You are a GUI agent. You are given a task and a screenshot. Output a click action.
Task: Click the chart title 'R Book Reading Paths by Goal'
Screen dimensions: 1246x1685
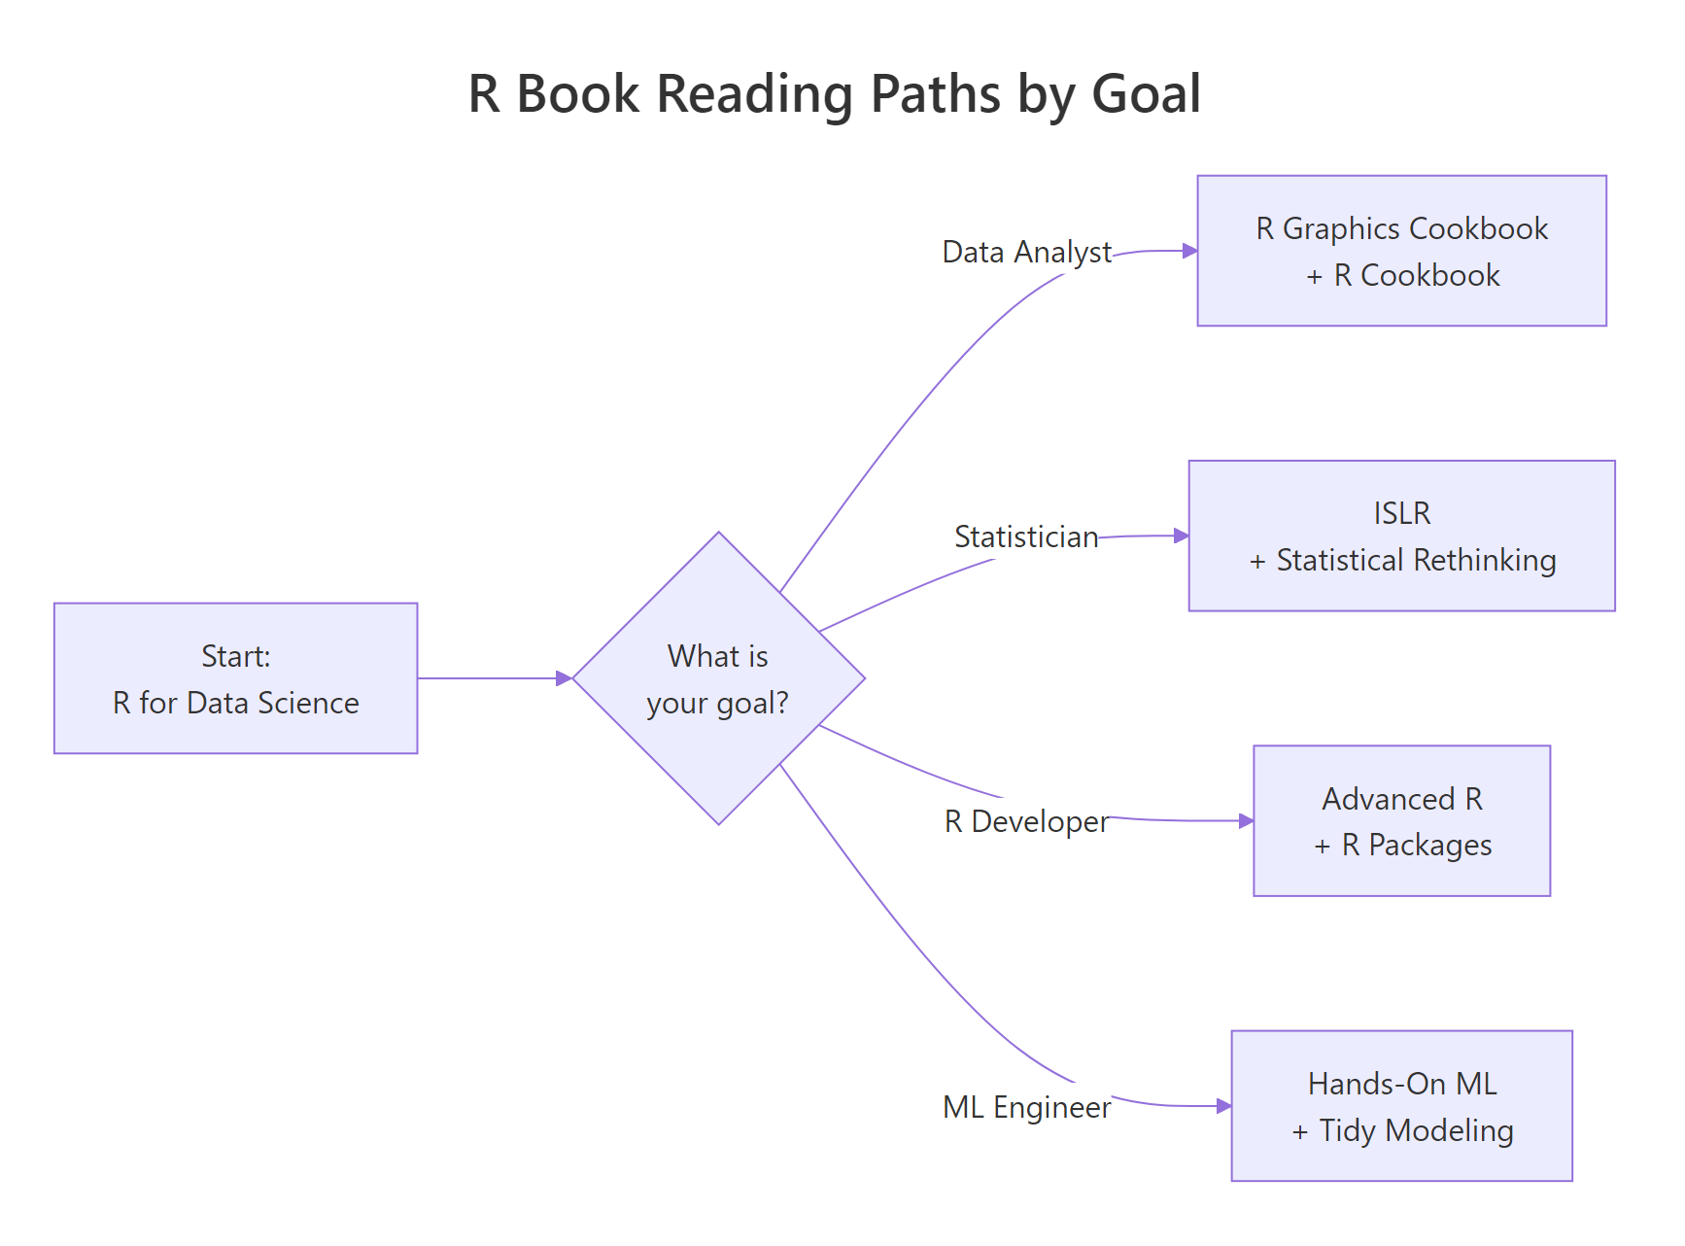tap(834, 94)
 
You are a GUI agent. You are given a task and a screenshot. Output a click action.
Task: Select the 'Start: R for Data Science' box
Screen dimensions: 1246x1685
tap(235, 678)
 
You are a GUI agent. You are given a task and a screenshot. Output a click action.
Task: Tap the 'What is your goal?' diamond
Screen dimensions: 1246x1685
tap(718, 678)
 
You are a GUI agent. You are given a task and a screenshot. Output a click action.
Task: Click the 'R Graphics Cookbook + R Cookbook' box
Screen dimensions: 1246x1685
tap(1401, 251)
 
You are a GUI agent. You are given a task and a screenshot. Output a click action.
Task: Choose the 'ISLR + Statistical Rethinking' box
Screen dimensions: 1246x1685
tap(1401, 536)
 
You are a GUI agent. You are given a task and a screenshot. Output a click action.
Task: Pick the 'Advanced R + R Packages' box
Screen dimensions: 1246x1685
tap(1401, 821)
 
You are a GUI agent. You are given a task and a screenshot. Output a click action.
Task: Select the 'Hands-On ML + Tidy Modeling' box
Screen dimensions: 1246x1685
tap(1401, 1106)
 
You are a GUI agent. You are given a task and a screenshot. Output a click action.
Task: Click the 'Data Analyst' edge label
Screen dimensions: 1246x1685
tap(1026, 252)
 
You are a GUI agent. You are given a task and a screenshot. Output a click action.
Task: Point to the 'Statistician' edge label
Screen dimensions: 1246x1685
tap(1026, 536)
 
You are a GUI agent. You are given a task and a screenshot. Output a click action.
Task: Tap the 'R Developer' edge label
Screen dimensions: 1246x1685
tap(1026, 821)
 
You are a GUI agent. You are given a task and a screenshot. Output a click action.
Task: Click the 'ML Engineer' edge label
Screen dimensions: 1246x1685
tap(1026, 1107)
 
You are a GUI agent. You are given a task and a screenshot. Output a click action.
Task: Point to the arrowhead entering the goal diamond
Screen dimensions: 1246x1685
tap(564, 678)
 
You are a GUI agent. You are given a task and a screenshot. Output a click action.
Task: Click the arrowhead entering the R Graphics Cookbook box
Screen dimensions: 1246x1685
tap(1189, 251)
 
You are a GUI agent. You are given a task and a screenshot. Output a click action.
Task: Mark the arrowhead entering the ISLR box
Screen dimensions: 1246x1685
tap(1181, 536)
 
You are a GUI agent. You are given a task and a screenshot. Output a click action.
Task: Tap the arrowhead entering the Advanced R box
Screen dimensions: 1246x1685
tap(1246, 821)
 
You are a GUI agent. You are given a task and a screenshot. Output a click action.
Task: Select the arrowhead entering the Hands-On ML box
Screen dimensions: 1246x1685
tap(1223, 1106)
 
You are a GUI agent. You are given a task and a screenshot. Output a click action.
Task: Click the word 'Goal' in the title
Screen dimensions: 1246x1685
tap(1147, 94)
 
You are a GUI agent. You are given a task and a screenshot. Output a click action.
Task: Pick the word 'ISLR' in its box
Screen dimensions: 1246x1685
tap(1401, 513)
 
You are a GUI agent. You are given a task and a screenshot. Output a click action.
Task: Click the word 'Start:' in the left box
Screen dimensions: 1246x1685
tap(235, 656)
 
